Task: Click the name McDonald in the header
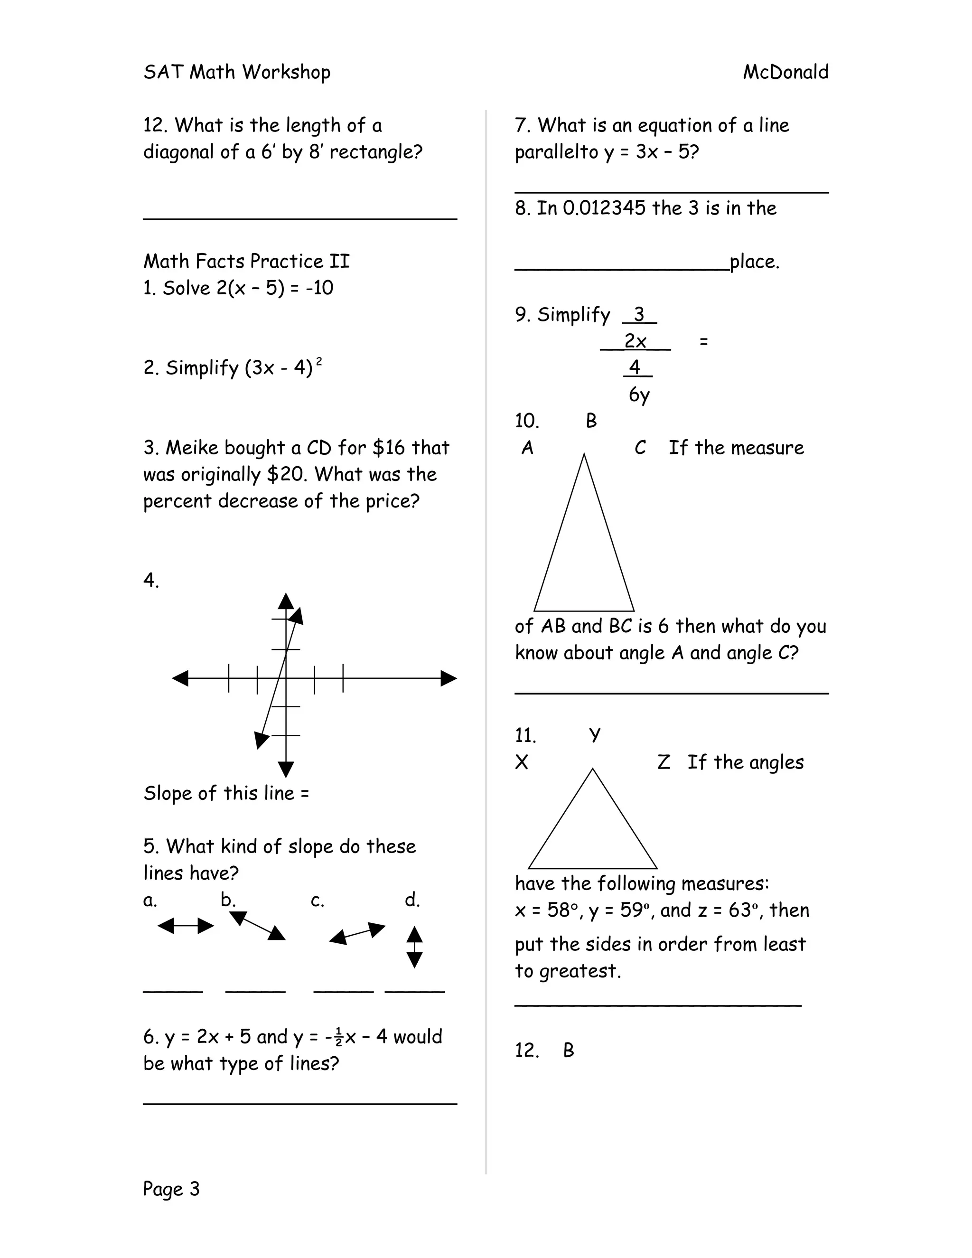coord(785,72)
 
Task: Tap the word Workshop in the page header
coord(286,72)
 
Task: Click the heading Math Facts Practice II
coord(246,261)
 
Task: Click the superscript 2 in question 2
coord(319,361)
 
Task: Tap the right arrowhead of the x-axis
coord(449,678)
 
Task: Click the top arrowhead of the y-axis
coord(286,601)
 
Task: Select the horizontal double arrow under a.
coord(186,926)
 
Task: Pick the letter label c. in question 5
coord(318,900)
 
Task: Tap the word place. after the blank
coord(754,262)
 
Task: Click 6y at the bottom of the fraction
coord(639,394)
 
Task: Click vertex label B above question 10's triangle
coord(591,421)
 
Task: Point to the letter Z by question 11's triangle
coord(664,762)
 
